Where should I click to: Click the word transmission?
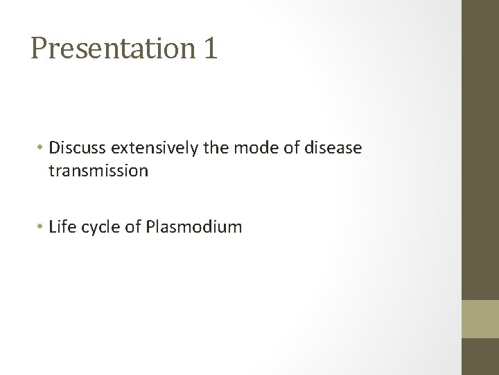[98, 171]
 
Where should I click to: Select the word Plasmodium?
[194, 226]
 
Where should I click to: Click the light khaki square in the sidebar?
[480, 319]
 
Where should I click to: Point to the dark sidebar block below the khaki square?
[480, 357]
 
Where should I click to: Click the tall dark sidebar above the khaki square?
[480, 149]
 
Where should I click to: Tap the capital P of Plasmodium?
[151, 226]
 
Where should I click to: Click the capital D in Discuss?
[55, 148]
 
